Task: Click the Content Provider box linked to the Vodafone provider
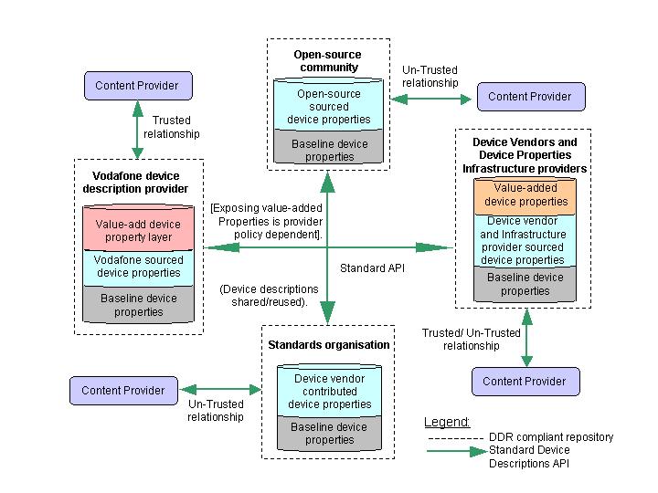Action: (x=138, y=86)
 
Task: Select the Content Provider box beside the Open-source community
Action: (x=529, y=96)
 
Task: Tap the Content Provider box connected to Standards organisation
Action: (x=123, y=391)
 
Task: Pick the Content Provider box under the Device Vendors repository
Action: (x=524, y=381)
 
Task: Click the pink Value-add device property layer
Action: (x=138, y=230)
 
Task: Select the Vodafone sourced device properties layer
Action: (x=138, y=266)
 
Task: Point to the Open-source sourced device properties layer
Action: (x=328, y=107)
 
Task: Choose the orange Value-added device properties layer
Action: (x=525, y=194)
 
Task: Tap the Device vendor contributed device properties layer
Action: (x=329, y=392)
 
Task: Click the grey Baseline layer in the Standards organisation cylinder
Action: (x=329, y=433)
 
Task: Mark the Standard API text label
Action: (x=371, y=268)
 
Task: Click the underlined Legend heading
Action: (x=447, y=422)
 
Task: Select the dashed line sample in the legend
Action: (x=454, y=437)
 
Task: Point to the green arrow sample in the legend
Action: (x=454, y=450)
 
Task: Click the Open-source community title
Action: (x=326, y=61)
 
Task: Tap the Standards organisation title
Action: (x=329, y=344)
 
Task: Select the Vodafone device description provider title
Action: (x=136, y=182)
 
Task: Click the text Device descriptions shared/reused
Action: (x=269, y=295)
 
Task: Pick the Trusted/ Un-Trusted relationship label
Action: (x=471, y=340)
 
